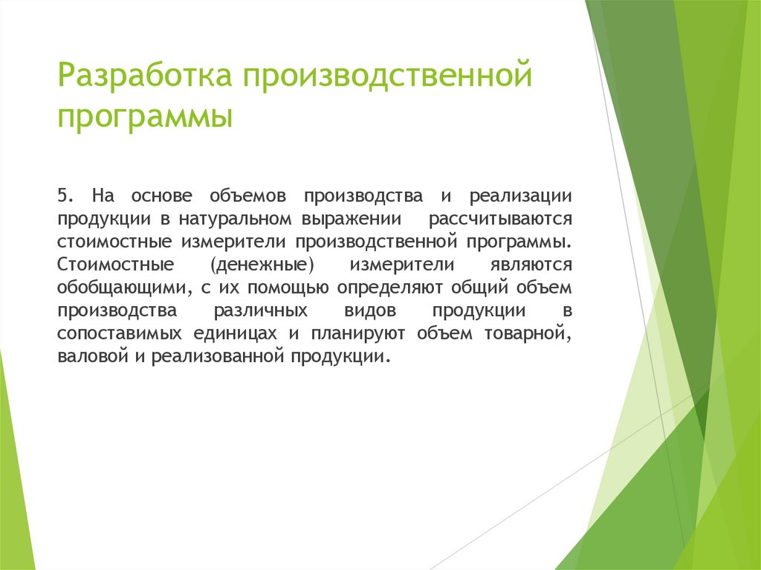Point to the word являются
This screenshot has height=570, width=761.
(530, 265)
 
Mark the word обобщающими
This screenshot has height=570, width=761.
(120, 288)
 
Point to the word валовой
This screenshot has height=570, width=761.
(84, 357)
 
